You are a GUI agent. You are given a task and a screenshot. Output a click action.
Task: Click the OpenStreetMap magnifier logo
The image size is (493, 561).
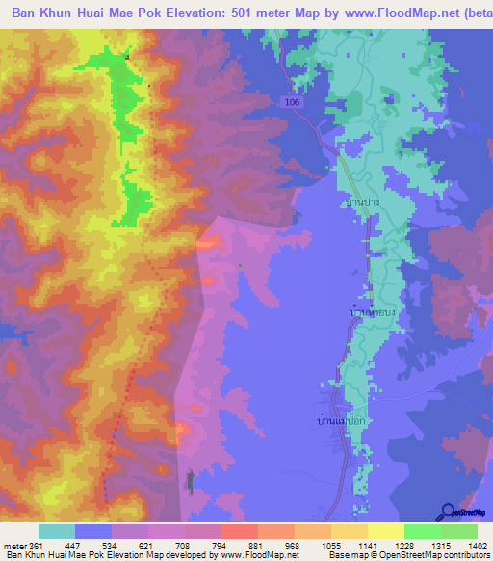448,512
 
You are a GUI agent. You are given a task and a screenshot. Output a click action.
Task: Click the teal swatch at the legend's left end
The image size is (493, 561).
57,532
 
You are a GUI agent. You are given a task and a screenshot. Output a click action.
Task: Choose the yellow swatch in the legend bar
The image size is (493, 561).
385,532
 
